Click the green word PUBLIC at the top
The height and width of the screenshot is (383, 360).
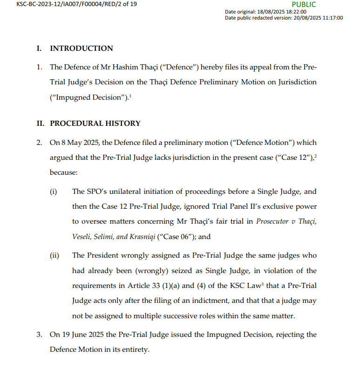tap(304, 5)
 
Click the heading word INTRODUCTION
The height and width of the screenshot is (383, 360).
tap(82, 48)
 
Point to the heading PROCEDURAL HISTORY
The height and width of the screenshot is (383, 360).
tap(95, 123)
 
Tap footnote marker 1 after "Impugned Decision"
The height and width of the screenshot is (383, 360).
tap(117, 96)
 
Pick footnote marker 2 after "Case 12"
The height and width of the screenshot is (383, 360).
tap(315, 156)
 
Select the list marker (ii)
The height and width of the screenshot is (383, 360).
tap(54, 256)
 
